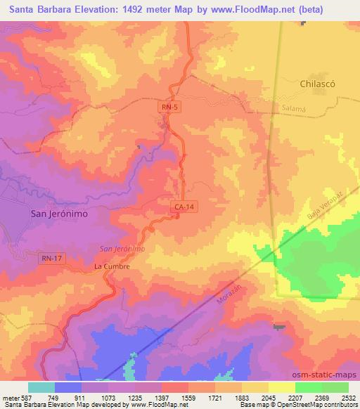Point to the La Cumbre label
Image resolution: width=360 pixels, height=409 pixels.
[x=112, y=267]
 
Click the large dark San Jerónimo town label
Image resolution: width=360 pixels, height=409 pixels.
[x=60, y=214]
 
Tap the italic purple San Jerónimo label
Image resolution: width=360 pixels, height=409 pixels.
[x=122, y=249]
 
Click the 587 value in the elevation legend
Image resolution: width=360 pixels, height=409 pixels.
[x=27, y=397]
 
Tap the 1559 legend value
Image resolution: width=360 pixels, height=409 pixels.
[x=188, y=397]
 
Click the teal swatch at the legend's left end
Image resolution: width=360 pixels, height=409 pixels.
[x=41, y=387]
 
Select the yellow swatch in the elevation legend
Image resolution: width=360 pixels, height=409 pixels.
[x=282, y=387]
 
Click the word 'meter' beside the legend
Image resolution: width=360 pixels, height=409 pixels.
[x=9, y=397]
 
